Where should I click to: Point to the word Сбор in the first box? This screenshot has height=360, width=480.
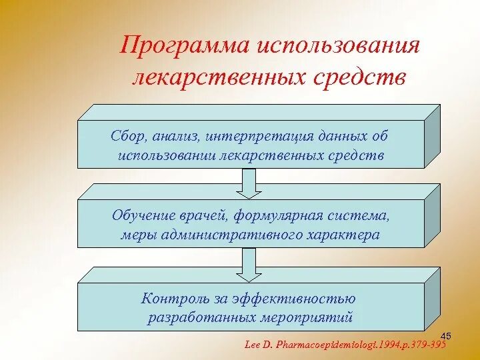tap(127, 137)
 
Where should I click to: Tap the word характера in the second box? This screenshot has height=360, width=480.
tap(343, 235)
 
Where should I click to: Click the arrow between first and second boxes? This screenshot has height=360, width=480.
tap(249, 183)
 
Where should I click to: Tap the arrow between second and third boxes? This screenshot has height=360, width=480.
tap(249, 265)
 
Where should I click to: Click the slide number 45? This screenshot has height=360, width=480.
tap(447, 335)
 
